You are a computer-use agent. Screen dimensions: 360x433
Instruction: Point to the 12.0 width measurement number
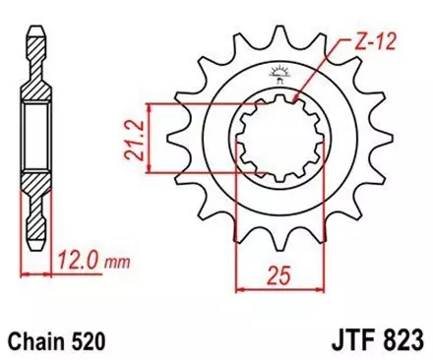(84, 264)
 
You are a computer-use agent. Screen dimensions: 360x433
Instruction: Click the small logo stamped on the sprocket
(276, 70)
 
